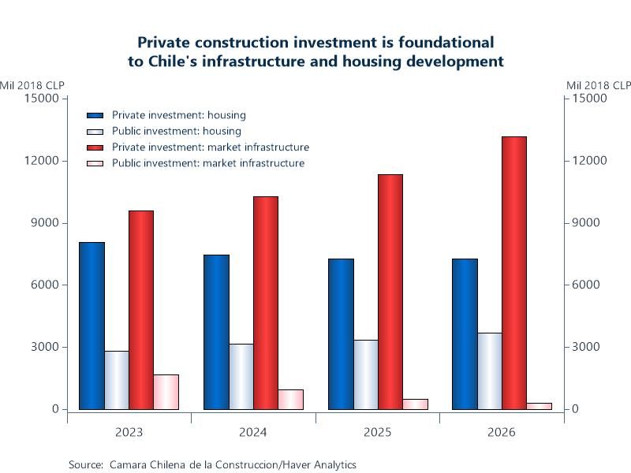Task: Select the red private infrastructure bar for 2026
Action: [x=514, y=273]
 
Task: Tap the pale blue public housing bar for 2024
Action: [x=241, y=376]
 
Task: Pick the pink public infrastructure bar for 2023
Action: [x=166, y=392]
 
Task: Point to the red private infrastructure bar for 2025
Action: [x=390, y=292]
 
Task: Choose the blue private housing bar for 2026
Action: [x=465, y=333]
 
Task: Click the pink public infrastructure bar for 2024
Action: [x=290, y=400]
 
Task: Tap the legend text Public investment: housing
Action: [x=177, y=131]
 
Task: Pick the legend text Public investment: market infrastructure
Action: [x=208, y=163]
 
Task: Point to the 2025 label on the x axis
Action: [x=377, y=432]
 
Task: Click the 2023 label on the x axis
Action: [x=129, y=432]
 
